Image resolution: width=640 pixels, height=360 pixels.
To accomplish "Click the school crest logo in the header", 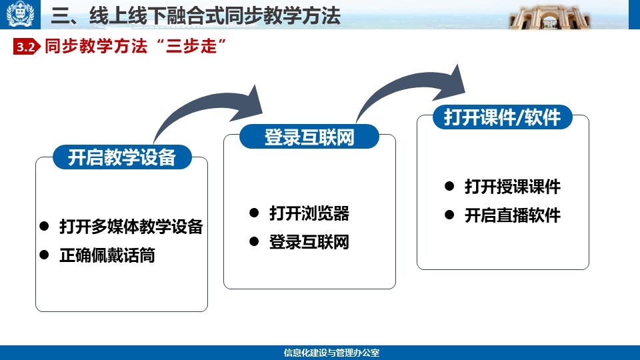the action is tap(20, 14).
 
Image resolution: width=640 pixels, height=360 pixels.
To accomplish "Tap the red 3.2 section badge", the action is tap(27, 47).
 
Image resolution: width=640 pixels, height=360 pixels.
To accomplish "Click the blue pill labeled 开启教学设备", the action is tap(122, 157).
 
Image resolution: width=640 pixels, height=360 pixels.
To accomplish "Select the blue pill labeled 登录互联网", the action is tap(309, 137).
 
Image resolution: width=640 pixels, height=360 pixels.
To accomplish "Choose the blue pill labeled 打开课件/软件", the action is tap(503, 117).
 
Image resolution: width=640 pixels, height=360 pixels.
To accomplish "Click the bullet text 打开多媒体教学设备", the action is tap(131, 227).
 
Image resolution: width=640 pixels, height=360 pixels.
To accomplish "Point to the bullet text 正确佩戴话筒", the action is tap(107, 255).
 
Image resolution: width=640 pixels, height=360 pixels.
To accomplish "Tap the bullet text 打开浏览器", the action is tap(309, 213).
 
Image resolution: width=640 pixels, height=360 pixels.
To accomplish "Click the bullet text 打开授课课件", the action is tap(512, 187).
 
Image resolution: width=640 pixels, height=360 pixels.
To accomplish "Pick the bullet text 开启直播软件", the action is tap(512, 215).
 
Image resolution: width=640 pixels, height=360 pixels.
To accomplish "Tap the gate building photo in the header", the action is tap(549, 17).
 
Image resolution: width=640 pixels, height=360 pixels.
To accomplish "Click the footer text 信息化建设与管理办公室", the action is tap(331, 353).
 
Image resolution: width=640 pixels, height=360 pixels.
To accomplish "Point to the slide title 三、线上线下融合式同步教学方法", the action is tap(195, 16).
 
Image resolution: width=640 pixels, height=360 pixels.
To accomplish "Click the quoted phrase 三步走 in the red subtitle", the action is tap(191, 46).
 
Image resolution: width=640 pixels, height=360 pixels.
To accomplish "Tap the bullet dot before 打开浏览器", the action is tap(254, 213).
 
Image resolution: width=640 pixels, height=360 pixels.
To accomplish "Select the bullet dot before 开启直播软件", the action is tap(449, 215).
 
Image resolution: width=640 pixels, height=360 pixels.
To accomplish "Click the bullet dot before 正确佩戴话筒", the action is tap(44, 255).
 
